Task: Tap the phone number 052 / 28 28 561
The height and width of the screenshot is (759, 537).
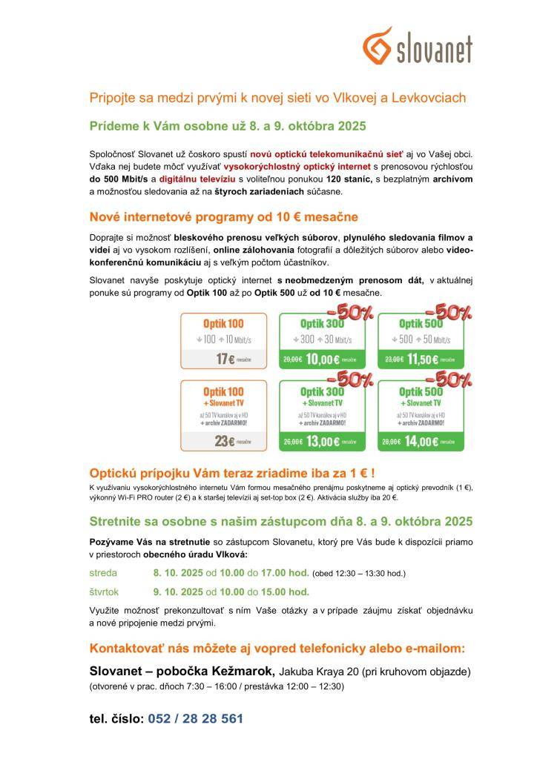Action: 195,718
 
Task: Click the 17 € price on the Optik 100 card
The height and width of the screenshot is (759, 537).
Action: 222,359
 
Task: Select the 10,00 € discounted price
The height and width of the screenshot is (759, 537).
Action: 320,359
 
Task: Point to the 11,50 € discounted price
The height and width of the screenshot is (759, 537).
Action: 419,359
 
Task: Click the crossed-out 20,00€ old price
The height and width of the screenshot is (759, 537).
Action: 292,359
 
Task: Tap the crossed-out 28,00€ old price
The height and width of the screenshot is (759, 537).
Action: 392,443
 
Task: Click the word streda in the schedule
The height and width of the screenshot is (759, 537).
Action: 103,573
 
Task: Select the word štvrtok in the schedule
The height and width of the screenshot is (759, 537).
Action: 105,591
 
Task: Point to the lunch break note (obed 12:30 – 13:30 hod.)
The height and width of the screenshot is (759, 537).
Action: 359,574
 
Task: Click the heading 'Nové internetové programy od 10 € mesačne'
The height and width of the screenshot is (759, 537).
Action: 223,216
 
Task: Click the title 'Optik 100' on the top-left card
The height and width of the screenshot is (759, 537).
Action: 223,323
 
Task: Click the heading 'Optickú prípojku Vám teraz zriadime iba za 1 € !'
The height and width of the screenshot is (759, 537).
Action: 232,472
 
